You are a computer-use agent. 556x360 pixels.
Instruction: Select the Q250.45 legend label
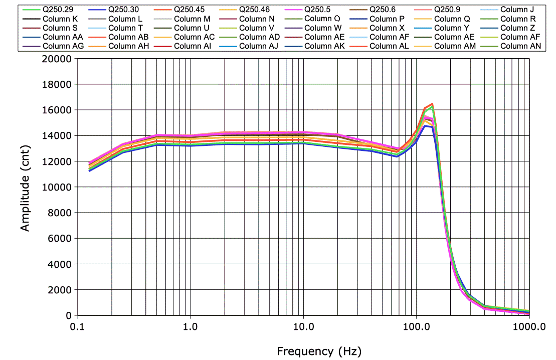tap(189, 9)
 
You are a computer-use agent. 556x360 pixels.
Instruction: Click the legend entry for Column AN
tap(520, 46)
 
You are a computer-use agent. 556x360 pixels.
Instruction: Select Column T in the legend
tap(125, 28)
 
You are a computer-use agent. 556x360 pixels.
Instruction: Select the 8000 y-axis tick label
tap(62, 213)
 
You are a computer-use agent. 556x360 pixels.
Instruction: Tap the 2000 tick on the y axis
tap(62, 290)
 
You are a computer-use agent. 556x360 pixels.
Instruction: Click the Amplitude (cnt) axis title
tap(25, 187)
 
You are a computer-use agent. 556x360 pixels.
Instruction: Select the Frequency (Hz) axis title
tap(319, 351)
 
